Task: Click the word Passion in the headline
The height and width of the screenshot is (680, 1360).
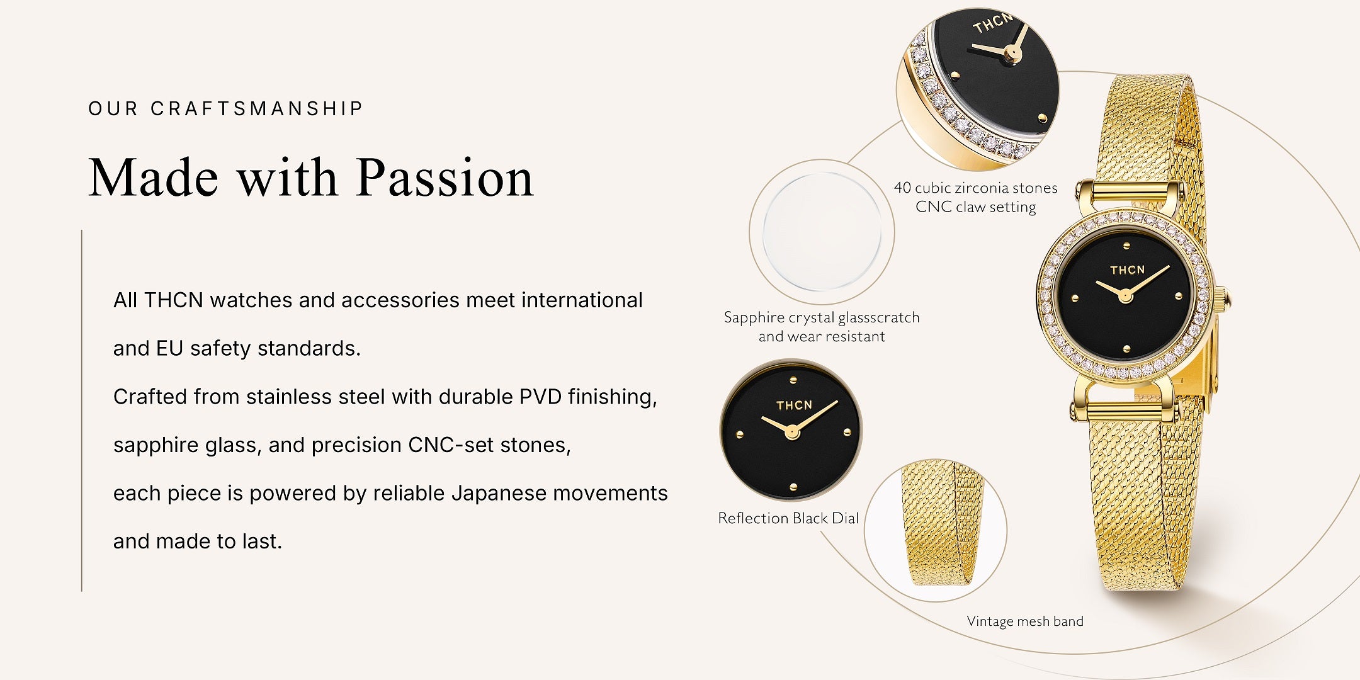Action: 445,178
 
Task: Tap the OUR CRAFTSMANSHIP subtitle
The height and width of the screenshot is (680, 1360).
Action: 226,109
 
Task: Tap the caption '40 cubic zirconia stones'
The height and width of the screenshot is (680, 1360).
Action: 975,188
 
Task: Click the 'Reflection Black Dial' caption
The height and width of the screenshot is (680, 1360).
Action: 788,518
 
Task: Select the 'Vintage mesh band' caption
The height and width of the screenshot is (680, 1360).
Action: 1025,621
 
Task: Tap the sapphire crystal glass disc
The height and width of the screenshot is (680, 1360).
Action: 822,232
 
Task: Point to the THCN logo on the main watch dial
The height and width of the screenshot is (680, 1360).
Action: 1127,270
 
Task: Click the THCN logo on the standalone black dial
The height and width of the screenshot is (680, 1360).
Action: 794,405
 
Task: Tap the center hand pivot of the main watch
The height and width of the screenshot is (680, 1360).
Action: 1125,296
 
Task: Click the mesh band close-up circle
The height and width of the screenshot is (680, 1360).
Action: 936,530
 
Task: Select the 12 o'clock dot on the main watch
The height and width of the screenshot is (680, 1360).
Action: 1126,246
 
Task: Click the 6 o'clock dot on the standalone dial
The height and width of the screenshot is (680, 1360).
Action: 793,487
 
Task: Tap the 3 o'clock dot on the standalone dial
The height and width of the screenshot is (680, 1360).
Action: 847,433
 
